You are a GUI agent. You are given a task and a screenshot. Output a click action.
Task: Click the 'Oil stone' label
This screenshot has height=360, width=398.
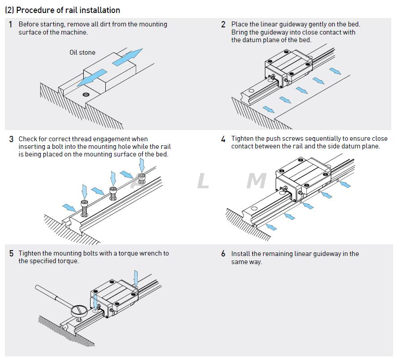tap(82, 52)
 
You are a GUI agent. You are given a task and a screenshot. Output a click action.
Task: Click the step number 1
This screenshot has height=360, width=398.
tap(10, 25)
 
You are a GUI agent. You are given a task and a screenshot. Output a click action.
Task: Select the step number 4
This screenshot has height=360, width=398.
tap(223, 139)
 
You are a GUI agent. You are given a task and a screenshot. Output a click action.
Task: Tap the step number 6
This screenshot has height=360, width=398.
tap(223, 254)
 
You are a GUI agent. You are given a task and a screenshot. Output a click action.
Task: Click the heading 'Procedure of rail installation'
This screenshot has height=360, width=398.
tap(68, 10)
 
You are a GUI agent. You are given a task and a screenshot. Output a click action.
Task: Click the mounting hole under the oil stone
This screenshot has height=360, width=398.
tap(86, 95)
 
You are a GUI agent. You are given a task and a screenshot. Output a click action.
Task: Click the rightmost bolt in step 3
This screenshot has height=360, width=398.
tap(142, 178)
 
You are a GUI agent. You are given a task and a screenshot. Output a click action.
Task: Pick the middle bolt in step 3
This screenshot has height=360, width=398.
tap(113, 193)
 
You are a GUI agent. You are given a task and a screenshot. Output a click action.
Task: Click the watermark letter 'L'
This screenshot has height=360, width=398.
tap(203, 181)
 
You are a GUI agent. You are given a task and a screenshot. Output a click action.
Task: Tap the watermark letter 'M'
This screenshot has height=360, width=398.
tap(256, 181)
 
